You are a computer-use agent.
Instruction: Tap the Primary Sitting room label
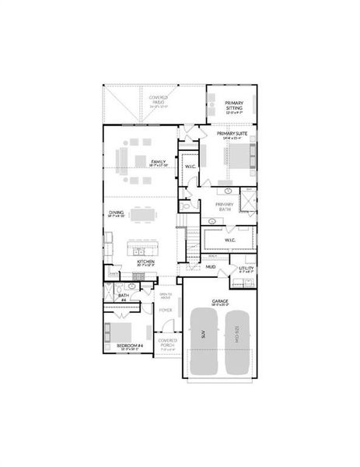click(x=234, y=105)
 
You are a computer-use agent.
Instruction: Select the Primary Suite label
click(x=232, y=134)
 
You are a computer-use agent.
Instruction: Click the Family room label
click(x=159, y=163)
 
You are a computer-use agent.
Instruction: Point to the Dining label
click(x=116, y=212)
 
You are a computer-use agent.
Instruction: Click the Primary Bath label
click(x=225, y=206)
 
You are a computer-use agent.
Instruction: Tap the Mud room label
click(x=211, y=267)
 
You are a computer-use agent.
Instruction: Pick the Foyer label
click(x=165, y=310)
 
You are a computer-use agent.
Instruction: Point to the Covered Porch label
click(x=168, y=342)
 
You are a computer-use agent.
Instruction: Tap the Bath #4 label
click(x=123, y=297)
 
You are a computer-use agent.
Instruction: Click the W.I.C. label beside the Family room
click(x=190, y=166)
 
